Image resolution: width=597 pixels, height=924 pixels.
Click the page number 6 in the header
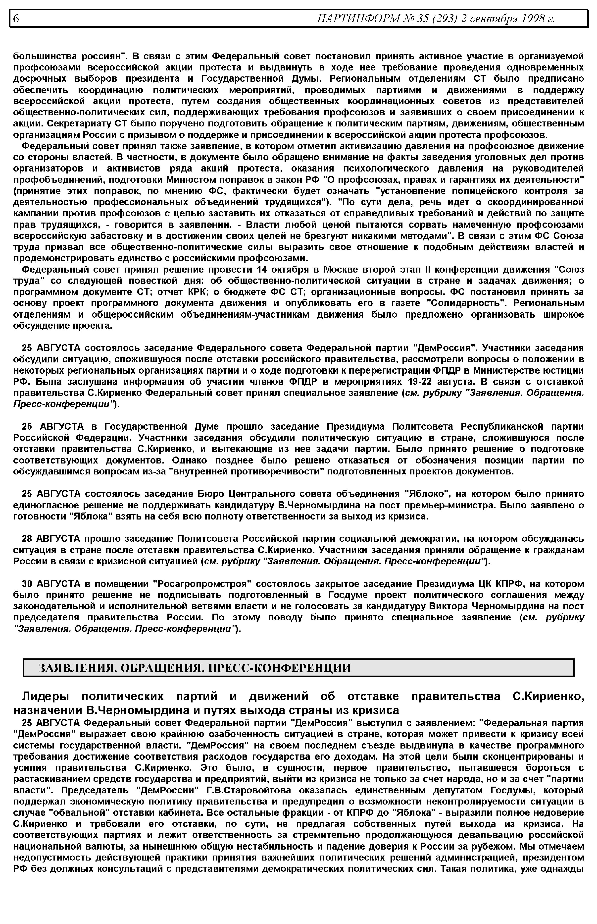pos(16,18)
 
